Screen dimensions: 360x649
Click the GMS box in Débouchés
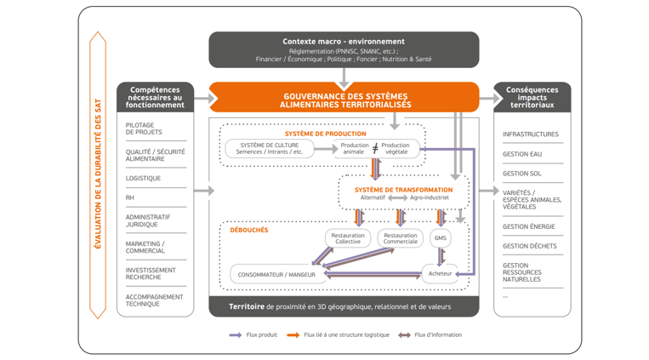[441, 238]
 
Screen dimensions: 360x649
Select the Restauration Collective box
[348, 238]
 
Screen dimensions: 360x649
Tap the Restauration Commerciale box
[400, 238]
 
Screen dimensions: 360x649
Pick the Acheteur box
[441, 274]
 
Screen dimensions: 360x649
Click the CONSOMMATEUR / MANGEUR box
[276, 275]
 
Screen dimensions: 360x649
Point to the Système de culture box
[270, 149]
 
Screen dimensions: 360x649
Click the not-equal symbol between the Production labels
[375, 149]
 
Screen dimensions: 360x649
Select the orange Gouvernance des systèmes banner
[344, 99]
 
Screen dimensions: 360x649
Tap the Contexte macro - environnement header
[344, 42]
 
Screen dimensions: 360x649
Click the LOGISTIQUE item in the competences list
[144, 179]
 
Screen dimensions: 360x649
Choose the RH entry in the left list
[130, 197]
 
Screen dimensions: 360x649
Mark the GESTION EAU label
[522, 154]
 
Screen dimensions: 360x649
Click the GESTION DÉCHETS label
[530, 246]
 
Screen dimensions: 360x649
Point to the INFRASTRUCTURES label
[531, 134]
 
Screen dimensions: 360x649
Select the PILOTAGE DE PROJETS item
[144, 129]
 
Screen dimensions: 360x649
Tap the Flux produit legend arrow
[236, 335]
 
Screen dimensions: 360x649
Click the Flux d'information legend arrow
[404, 335]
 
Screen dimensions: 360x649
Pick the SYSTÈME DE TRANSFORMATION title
[403, 190]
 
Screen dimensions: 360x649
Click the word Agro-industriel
[430, 198]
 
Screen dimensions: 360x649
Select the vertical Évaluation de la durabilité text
[98, 175]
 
